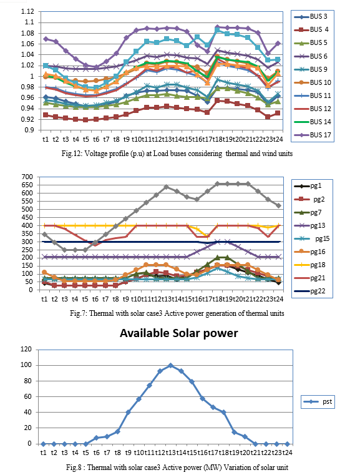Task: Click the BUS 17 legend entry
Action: pos(313,135)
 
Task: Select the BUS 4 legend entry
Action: pos(311,29)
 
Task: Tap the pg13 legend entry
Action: pos(308,225)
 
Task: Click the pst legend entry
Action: pos(318,402)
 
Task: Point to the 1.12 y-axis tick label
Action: pos(27,11)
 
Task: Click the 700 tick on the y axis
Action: pos(27,177)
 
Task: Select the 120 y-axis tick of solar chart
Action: pos(26,349)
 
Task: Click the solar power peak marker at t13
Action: pos(170,365)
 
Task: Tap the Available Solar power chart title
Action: pos(179,333)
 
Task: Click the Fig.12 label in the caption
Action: pos(72,154)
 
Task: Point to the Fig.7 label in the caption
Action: pos(79,313)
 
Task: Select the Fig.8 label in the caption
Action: pos(75,467)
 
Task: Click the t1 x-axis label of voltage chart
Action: pos(46,139)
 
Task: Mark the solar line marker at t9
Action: pos(128,413)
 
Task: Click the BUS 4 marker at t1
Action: pos(46,115)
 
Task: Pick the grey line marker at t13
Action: pos(166,187)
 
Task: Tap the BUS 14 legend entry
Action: pos(313,122)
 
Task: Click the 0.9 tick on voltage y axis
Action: pos(30,130)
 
